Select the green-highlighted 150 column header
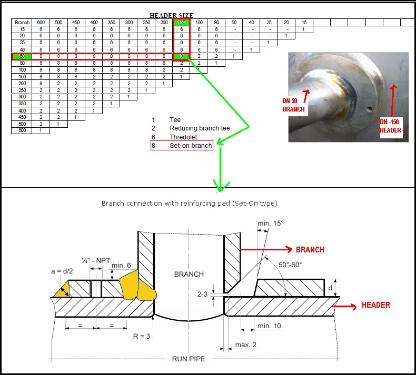pyautogui.click(x=181, y=23)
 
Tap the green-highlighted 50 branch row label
pyautogui.click(x=22, y=56)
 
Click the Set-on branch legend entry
pyautogui.click(x=191, y=145)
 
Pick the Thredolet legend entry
pyautogui.click(x=183, y=137)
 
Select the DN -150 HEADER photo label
pyautogui.click(x=390, y=126)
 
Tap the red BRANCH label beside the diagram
pyautogui.click(x=310, y=250)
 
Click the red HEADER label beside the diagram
pyautogui.click(x=375, y=305)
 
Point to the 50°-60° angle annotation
pyautogui.click(x=290, y=265)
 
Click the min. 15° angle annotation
pyautogui.click(x=271, y=223)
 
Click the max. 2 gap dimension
pyautogui.click(x=246, y=344)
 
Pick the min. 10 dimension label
pyautogui.click(x=269, y=326)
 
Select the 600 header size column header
pyautogui.click(x=40, y=23)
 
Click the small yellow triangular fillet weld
pyautogui.click(x=62, y=289)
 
